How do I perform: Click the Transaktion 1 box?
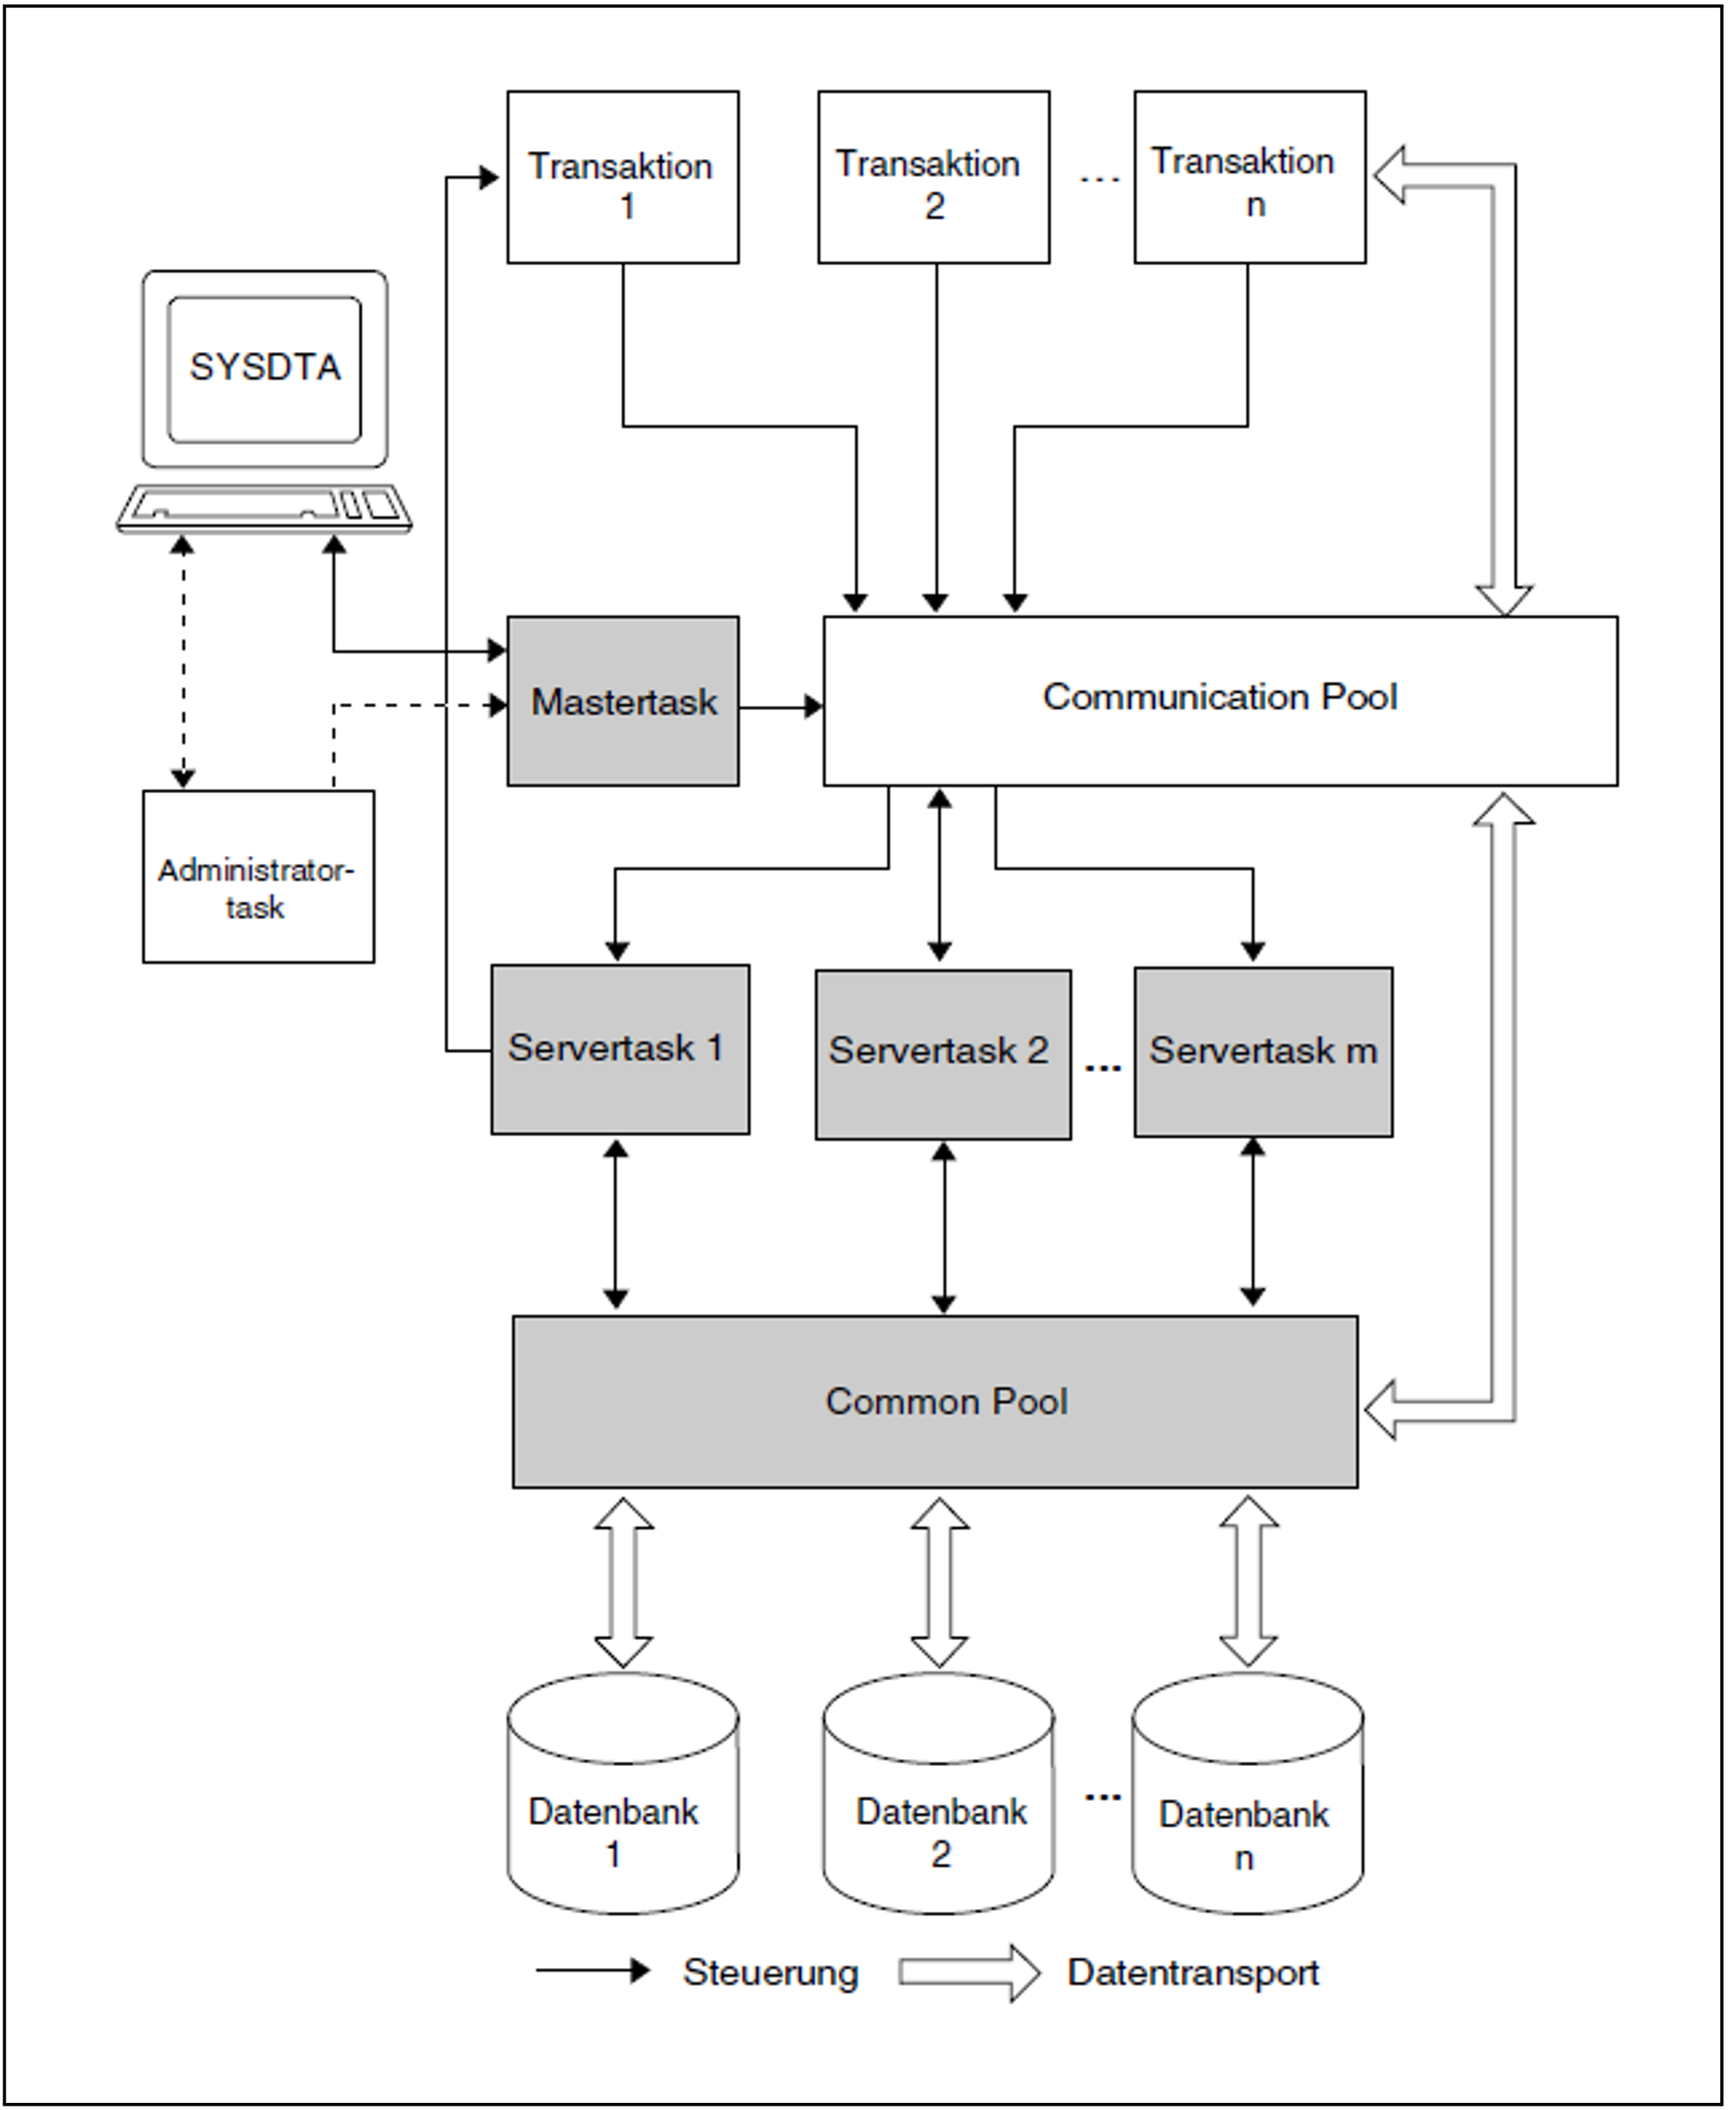(x=622, y=178)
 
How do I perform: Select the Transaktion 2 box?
(x=933, y=178)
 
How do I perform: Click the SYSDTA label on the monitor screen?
(x=265, y=368)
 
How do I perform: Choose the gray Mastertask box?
(x=622, y=701)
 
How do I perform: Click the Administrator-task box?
(x=258, y=876)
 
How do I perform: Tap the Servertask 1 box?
(x=620, y=1049)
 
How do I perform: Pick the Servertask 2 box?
(x=942, y=1054)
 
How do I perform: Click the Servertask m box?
(x=1263, y=1052)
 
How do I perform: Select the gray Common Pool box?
(x=934, y=1402)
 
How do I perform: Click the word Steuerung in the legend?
(x=770, y=1972)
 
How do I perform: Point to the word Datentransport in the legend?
(x=1192, y=1972)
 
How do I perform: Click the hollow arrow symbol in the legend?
(x=968, y=1972)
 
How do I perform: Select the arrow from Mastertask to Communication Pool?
(x=781, y=708)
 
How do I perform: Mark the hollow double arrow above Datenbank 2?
(x=940, y=1583)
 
